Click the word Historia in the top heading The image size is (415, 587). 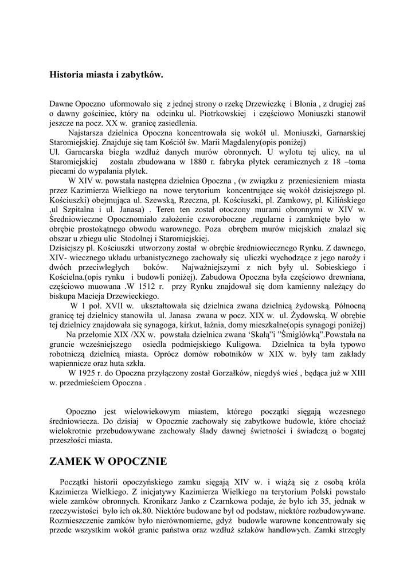coord(65,75)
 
